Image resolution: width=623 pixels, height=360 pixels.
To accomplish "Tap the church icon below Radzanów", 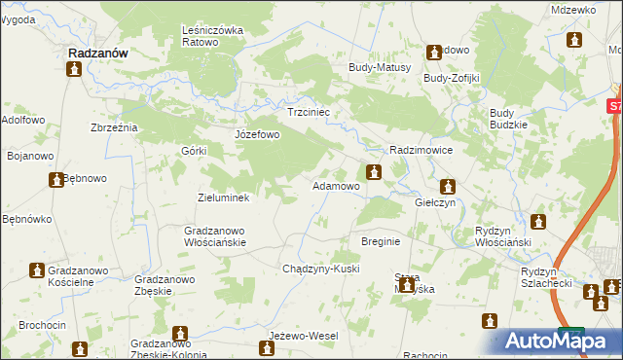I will coord(74,69).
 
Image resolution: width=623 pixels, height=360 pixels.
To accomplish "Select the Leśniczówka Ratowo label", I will coord(212,36).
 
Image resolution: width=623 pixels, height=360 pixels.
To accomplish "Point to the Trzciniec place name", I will coord(310,113).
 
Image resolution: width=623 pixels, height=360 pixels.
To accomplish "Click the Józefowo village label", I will coord(257,134).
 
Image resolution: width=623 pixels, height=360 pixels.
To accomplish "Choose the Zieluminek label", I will coord(224,198).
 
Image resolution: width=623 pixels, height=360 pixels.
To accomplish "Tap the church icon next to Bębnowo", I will coord(56,180).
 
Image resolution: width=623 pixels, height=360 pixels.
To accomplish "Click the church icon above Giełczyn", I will coord(447,187).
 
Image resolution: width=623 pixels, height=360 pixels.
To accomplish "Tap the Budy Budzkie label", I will coord(508,119).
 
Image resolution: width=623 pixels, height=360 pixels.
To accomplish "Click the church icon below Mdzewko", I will coord(574,40).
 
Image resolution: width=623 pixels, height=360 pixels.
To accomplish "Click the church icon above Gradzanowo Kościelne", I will coord(36,270).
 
